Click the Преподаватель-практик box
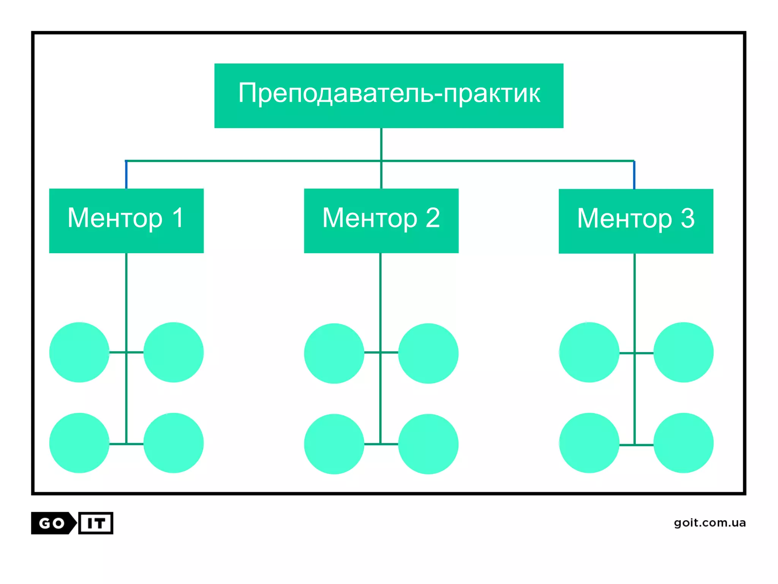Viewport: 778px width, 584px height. [389, 95]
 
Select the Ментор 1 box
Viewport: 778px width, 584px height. [126, 221]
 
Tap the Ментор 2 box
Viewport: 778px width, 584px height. [381, 221]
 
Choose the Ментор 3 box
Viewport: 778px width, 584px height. [636, 221]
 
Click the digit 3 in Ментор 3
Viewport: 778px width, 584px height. [687, 219]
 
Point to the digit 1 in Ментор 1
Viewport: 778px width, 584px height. [178, 218]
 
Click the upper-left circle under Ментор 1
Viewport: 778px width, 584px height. [79, 352]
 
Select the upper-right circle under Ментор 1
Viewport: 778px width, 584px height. [173, 352]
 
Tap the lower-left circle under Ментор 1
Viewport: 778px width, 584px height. [79, 443]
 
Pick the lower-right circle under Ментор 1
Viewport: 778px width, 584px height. [173, 443]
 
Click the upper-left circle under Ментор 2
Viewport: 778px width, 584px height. [334, 353]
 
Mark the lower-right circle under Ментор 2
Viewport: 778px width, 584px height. [428, 444]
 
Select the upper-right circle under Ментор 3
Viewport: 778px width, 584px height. [683, 352]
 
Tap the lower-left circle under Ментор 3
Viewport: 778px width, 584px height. [589, 443]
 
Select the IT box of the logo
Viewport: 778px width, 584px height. [96, 523]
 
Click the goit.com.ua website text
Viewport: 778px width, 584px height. [710, 523]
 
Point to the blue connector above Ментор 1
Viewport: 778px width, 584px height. [126, 175]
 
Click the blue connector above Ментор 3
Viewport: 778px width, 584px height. [634, 175]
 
